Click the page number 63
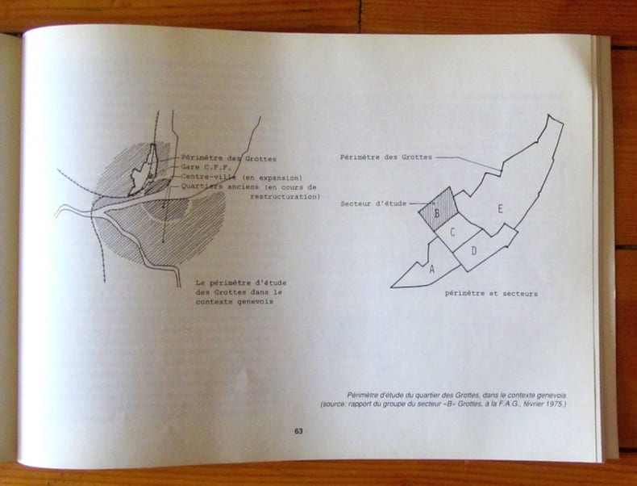(x=298, y=431)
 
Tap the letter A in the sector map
(x=432, y=269)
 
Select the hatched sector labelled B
(x=439, y=210)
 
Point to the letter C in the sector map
(x=452, y=233)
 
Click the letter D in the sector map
(x=473, y=251)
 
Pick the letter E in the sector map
(x=500, y=209)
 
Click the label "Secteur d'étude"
(x=373, y=203)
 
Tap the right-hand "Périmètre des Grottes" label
(x=386, y=157)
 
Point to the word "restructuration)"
(x=285, y=197)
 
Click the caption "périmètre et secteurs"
(x=491, y=294)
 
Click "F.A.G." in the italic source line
(x=510, y=404)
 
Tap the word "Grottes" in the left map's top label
(x=260, y=159)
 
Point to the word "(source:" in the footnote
(x=333, y=404)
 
